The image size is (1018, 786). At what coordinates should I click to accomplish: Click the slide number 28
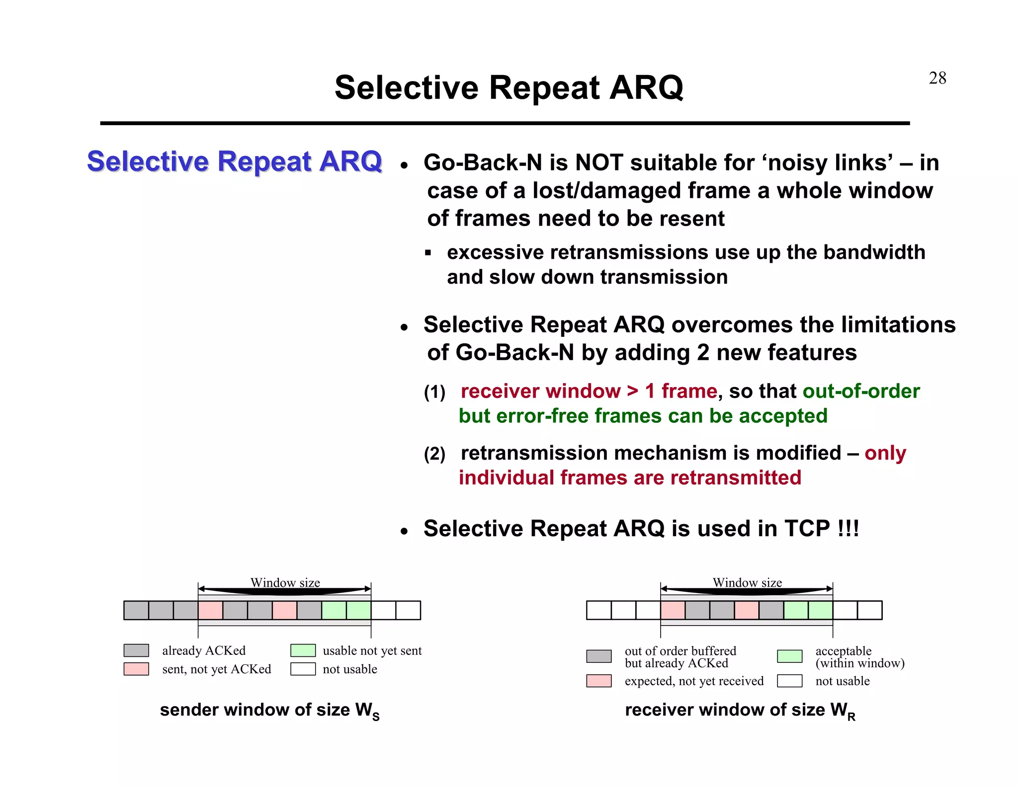[937, 78]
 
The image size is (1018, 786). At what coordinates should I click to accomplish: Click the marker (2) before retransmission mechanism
[434, 454]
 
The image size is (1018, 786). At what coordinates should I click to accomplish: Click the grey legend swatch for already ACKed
[136, 650]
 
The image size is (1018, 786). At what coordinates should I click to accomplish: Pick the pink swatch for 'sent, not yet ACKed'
[136, 669]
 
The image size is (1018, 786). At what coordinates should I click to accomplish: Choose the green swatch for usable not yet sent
[303, 650]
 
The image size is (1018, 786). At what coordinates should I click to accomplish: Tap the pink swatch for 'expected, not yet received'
[598, 681]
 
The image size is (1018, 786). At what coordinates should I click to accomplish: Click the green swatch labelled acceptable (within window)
[789, 656]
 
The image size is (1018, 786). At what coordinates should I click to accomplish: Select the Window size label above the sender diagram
[285, 582]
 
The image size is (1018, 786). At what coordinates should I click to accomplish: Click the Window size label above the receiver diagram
[747, 582]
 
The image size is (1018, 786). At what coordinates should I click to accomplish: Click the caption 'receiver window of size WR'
[740, 710]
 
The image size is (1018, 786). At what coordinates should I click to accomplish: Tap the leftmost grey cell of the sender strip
[136, 610]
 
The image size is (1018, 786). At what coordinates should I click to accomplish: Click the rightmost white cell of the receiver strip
[869, 610]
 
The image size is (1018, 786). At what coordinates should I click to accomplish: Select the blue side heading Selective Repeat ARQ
[234, 161]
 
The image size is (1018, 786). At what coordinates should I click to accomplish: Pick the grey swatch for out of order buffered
[598, 656]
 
